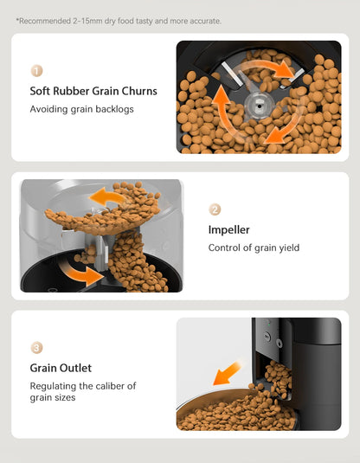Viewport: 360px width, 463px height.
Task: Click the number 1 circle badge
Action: pos(36,71)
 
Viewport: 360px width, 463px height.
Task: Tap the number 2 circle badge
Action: pos(215,209)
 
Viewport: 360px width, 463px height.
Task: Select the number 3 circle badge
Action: pos(36,348)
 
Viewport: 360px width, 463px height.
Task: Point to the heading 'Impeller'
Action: pos(228,229)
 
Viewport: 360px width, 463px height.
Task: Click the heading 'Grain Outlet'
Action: pos(61,368)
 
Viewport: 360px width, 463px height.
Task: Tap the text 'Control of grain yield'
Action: pos(254,248)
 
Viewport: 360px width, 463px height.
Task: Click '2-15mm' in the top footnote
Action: pos(80,20)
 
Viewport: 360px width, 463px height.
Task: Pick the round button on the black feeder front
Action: pos(267,330)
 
